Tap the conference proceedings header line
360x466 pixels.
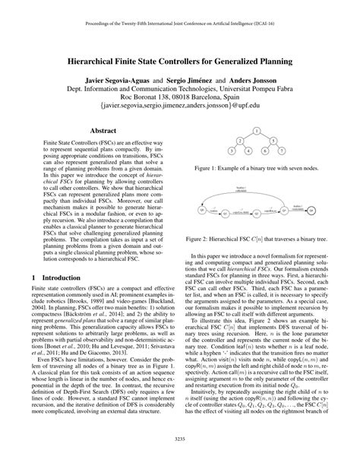coord(180,11)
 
